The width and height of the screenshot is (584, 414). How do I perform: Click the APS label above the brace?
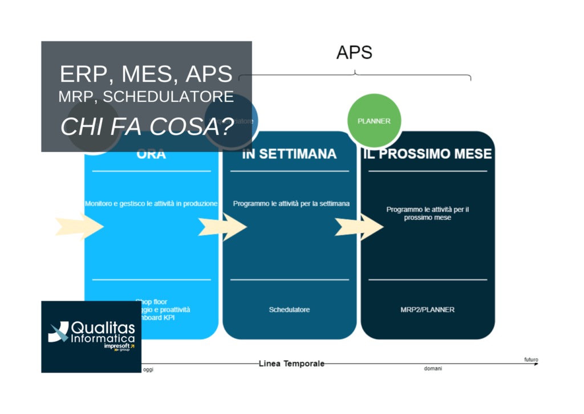pos(354,52)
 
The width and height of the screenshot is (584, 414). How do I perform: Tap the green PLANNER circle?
pos(374,121)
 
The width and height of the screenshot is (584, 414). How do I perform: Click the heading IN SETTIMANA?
pos(289,154)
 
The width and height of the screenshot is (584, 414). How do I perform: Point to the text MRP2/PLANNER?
pos(428,310)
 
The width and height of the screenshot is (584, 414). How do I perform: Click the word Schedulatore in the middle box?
pos(289,310)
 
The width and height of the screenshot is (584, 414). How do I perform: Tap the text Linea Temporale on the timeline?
pos(291,363)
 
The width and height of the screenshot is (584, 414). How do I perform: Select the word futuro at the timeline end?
pos(530,359)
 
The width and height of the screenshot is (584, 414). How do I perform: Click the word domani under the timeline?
pos(433,369)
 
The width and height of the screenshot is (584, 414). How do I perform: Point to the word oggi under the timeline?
pos(148,370)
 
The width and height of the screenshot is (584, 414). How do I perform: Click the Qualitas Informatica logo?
pos(91,336)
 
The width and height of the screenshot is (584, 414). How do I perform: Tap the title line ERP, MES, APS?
pos(146,74)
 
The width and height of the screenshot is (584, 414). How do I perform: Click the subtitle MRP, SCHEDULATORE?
pos(146,97)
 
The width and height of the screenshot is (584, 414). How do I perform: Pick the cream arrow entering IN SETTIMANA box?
pos(223,227)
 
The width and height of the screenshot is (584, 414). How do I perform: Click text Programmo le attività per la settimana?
pos(291,203)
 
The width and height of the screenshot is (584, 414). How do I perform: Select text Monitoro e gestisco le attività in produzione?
pos(151,203)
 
